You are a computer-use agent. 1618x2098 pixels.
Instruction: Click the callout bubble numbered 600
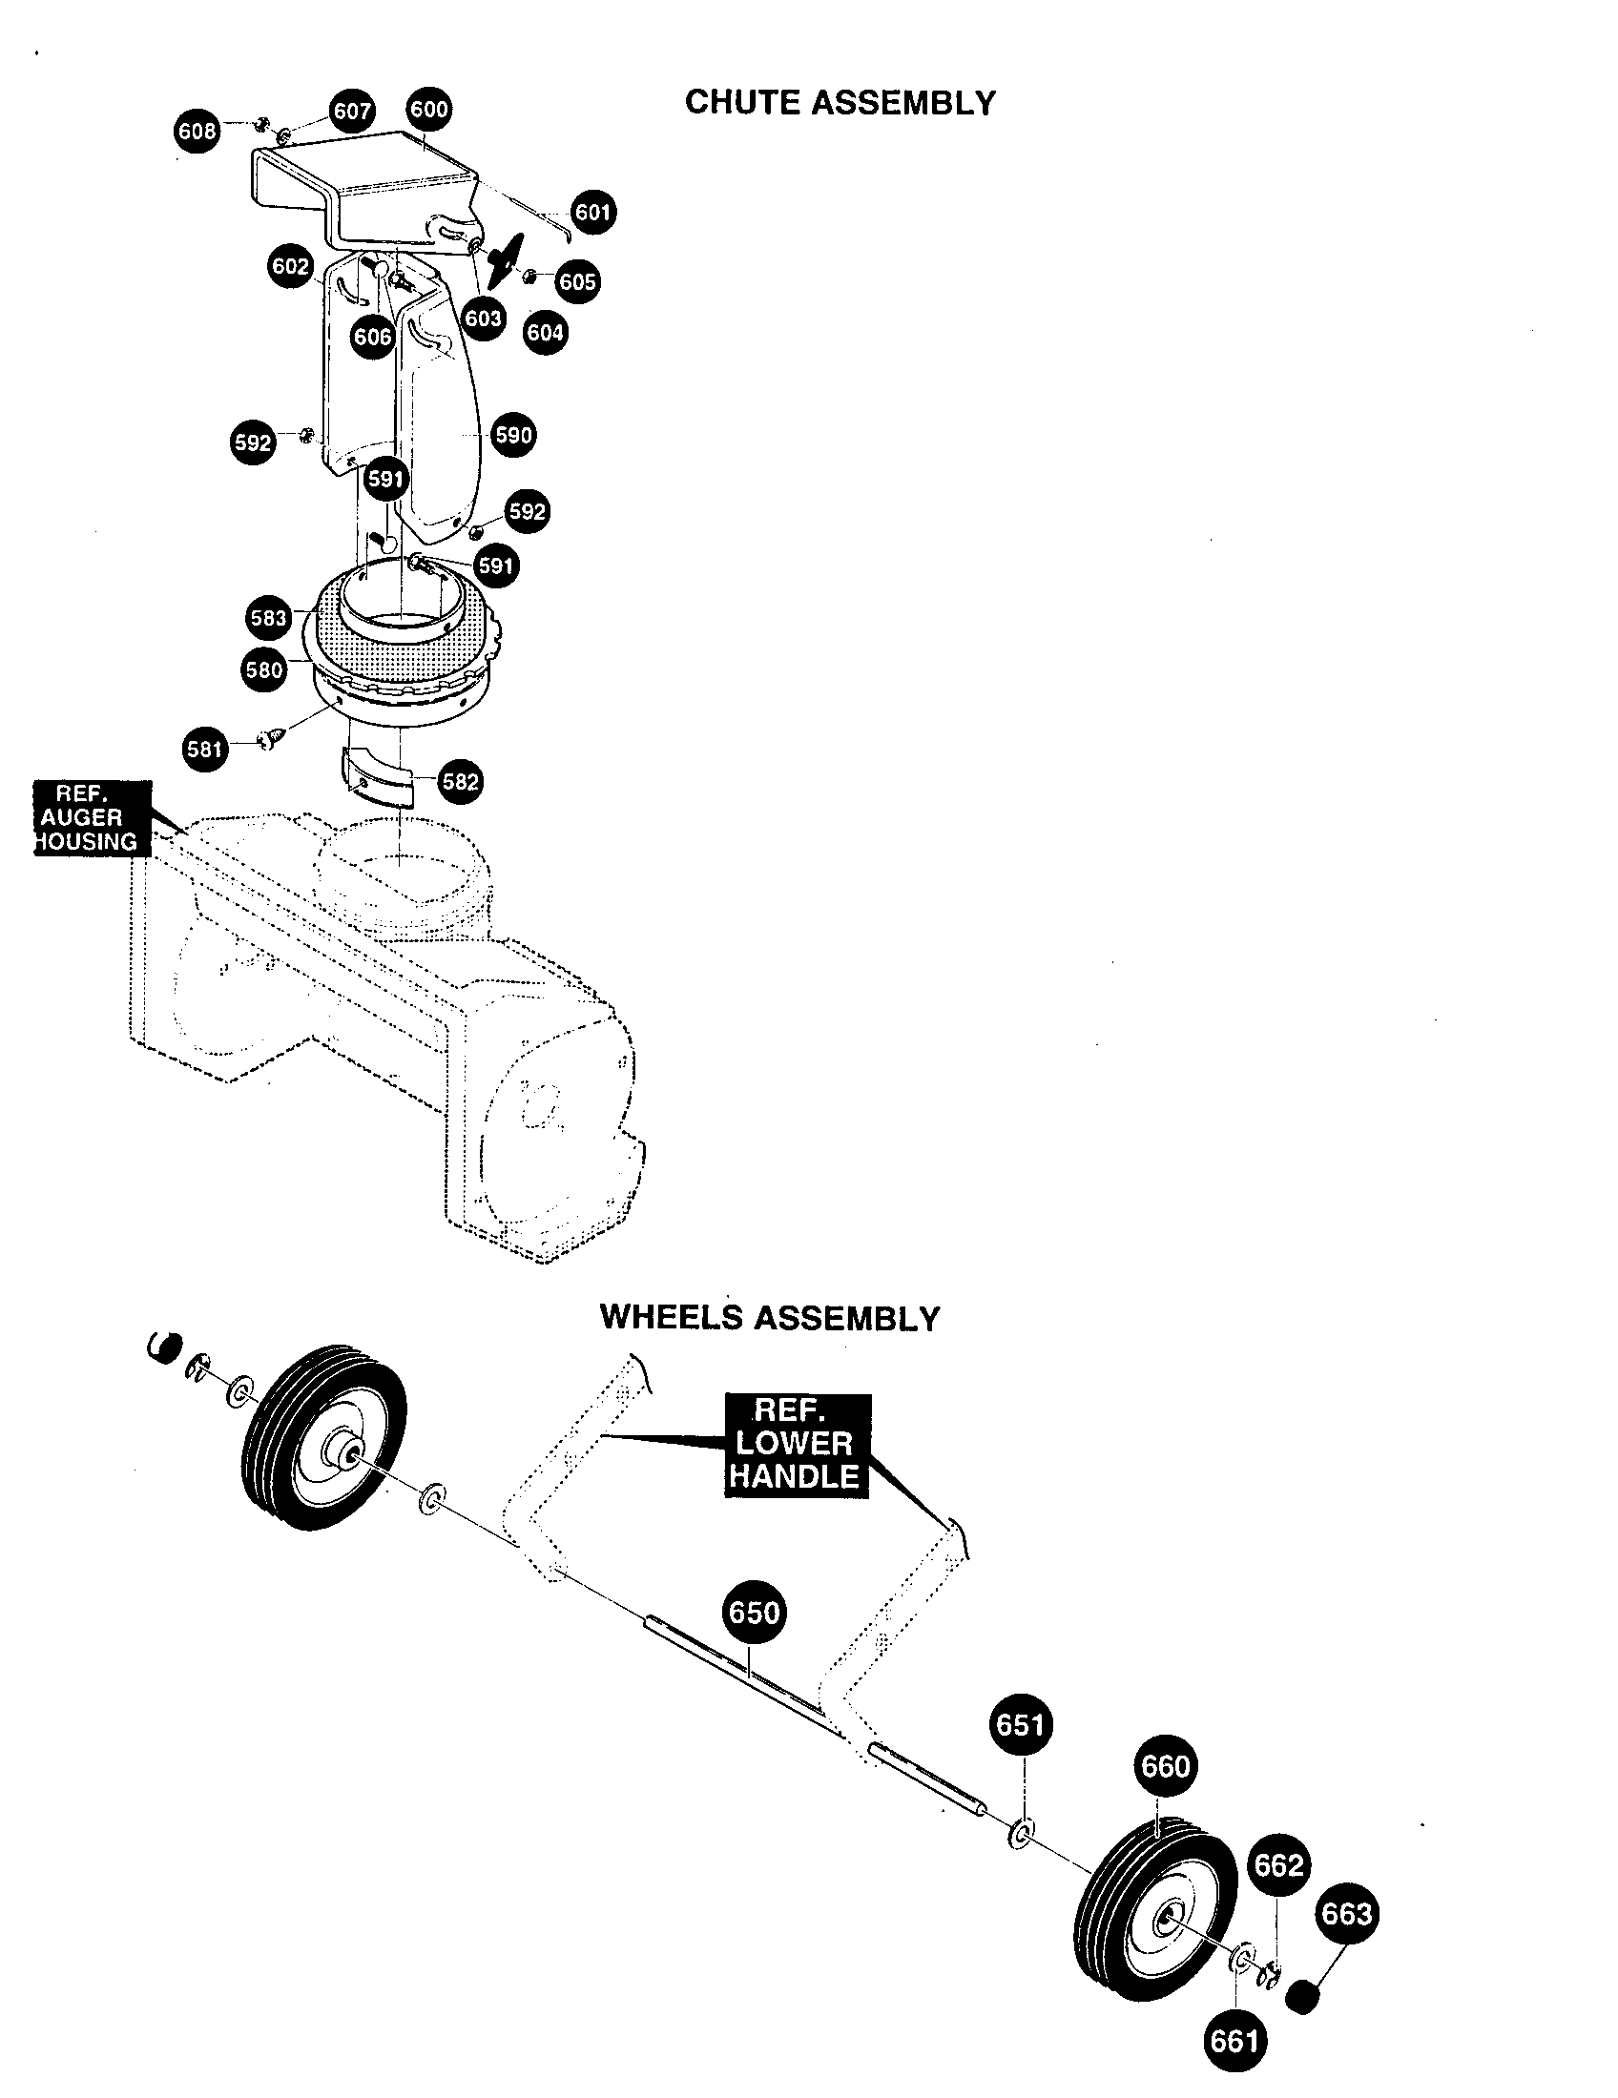(428, 109)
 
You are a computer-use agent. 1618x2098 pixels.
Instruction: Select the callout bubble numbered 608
(197, 131)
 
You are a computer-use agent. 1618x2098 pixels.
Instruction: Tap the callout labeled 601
(592, 212)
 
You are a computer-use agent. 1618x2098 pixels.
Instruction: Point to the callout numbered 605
(577, 281)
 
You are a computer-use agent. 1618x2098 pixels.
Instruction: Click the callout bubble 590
(513, 434)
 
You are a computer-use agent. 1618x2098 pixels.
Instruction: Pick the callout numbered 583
(268, 617)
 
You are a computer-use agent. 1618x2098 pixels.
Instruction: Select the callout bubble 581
(205, 749)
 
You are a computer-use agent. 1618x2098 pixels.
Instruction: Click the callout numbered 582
(459, 781)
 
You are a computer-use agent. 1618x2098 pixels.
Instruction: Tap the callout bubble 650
(754, 1612)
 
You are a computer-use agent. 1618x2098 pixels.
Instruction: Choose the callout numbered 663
(1346, 1915)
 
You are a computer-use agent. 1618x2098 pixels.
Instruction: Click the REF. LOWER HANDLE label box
(796, 1445)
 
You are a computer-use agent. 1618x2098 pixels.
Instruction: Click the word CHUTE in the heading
(745, 103)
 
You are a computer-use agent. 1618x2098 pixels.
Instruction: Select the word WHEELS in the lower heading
(672, 1317)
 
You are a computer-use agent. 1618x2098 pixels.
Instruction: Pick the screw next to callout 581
(270, 739)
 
